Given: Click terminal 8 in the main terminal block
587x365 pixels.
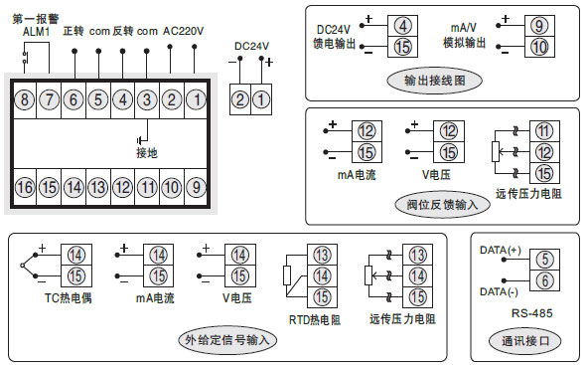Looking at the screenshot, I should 24,98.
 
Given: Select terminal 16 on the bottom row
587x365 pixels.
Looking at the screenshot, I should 24,187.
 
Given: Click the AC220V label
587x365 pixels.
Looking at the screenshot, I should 182,31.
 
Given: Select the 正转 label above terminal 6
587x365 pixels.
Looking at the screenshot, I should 73,31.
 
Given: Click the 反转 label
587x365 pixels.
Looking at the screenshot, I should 122,31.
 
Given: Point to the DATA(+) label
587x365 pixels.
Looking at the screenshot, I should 500,249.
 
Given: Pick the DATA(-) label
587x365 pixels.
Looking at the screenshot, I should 500,292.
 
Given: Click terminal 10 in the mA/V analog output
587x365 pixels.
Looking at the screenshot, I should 537,46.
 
